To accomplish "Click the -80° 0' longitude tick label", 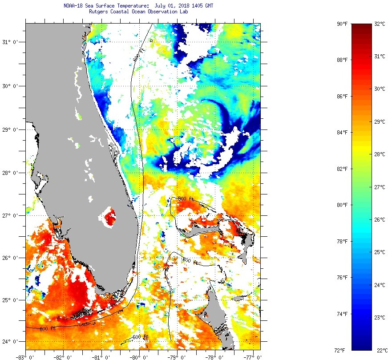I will click(x=139, y=357).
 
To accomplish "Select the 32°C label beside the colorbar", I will click(x=380, y=24).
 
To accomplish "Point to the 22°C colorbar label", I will click(x=380, y=350).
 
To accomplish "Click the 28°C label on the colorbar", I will click(x=380, y=154).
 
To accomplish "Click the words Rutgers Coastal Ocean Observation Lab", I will click(x=138, y=12).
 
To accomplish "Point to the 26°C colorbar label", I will click(x=380, y=220).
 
